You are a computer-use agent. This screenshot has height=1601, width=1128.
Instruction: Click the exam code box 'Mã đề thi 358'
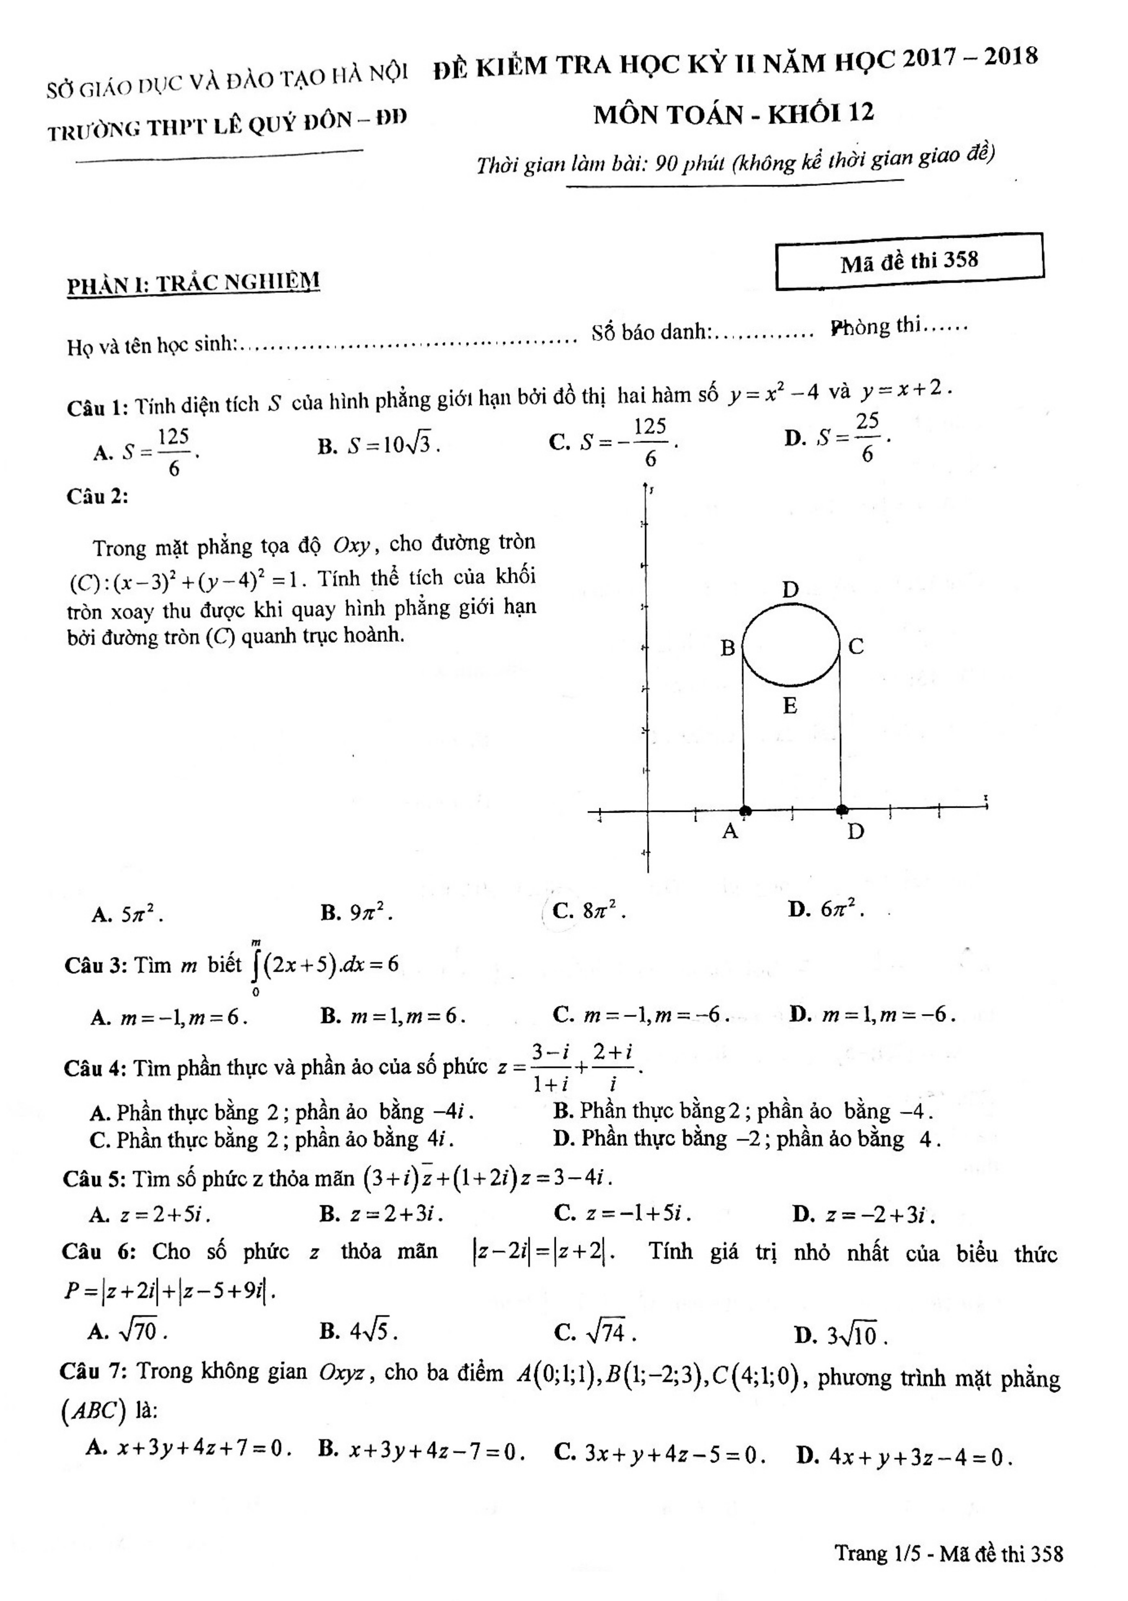909,261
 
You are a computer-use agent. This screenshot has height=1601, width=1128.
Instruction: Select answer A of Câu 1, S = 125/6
147,452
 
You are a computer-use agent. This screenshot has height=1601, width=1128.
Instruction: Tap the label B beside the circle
727,648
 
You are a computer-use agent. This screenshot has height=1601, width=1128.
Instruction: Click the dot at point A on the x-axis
745,810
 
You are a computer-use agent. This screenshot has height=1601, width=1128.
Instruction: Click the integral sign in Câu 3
256,966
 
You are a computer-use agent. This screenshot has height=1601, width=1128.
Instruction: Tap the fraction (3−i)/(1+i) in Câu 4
550,1067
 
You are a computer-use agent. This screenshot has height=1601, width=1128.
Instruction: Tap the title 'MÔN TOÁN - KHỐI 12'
733,114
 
